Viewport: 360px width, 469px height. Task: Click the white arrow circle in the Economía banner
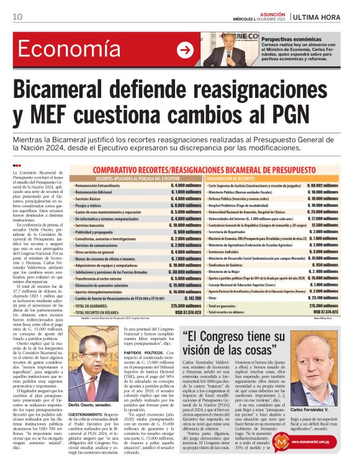(x=184, y=50)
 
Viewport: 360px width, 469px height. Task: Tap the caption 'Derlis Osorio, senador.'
(x=92, y=385)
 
